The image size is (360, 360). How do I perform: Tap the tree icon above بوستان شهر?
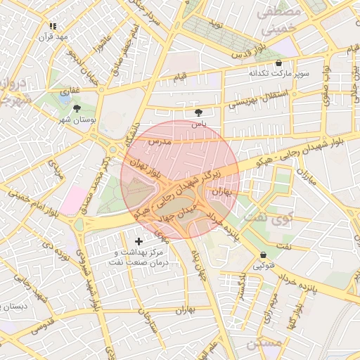click(77, 108)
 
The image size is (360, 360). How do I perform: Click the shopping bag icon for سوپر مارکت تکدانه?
click(278, 63)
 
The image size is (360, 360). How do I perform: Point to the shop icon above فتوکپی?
click(263, 255)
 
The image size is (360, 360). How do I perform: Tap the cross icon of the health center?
click(139, 242)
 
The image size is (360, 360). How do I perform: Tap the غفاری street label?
click(70, 90)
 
